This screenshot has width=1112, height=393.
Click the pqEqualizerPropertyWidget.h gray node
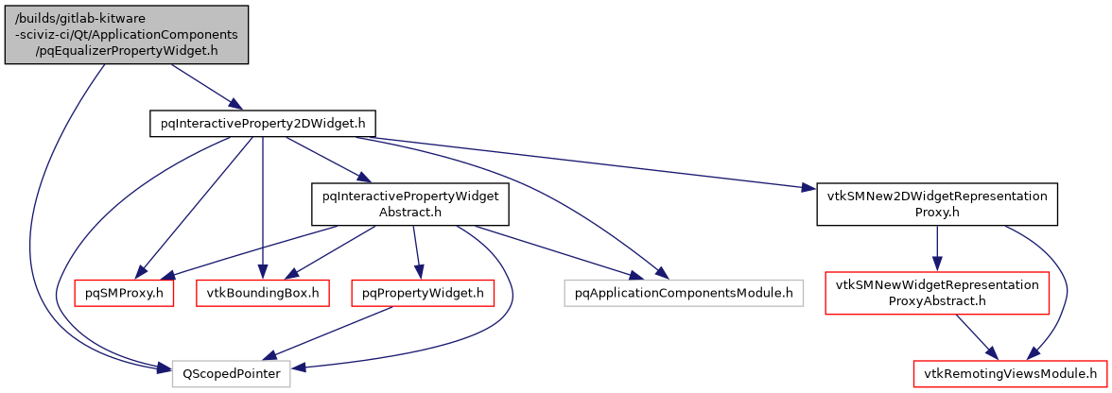tap(126, 35)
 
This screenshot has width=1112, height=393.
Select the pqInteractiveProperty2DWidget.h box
tap(263, 124)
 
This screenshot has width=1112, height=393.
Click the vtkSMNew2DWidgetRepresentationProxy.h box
tap(936, 204)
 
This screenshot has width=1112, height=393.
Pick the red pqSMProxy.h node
tap(124, 293)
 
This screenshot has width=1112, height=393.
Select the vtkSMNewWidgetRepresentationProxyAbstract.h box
tap(937, 293)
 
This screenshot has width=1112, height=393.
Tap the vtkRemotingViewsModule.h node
tap(1010, 373)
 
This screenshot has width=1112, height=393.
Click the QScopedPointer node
tap(232, 373)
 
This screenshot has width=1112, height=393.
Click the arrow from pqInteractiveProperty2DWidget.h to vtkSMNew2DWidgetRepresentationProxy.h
tap(586, 163)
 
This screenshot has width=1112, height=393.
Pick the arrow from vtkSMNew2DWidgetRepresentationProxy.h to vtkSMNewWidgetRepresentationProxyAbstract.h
tap(937, 248)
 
